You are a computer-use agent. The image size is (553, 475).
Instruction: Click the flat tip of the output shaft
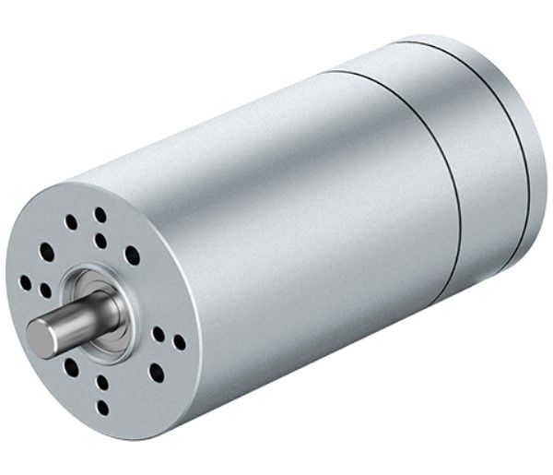click(x=41, y=338)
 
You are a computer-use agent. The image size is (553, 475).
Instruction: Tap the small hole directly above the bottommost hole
click(x=102, y=383)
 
